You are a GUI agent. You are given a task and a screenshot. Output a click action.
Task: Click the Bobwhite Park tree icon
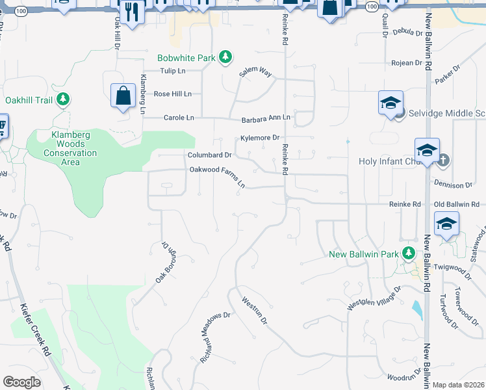click(225, 58)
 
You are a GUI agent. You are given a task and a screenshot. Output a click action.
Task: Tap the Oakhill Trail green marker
click(63, 100)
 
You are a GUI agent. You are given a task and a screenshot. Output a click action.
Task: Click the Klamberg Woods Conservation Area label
click(70, 148)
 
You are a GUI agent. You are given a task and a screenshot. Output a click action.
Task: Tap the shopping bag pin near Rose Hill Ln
click(123, 97)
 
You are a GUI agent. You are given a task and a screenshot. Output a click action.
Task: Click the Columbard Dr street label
click(210, 155)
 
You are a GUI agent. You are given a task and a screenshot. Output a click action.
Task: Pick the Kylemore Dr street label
click(260, 138)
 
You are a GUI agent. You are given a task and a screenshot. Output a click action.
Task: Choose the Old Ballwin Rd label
click(460, 204)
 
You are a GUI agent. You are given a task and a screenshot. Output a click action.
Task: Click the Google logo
click(21, 382)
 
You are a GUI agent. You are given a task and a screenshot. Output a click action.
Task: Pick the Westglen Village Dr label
click(374, 297)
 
